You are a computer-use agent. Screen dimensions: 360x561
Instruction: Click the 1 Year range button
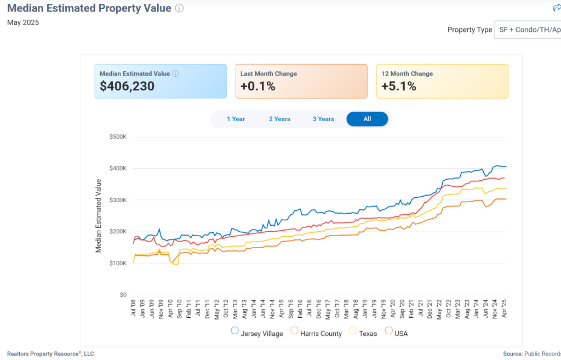(236, 119)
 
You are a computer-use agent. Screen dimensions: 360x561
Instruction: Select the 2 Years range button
(279, 119)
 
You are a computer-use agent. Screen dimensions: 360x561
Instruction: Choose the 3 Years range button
(323, 119)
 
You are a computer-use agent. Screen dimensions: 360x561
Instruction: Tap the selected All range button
(367, 119)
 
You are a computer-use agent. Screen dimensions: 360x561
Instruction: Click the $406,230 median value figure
(127, 87)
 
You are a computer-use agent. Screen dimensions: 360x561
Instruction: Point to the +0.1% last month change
(257, 87)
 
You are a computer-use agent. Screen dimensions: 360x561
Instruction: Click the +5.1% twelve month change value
(398, 87)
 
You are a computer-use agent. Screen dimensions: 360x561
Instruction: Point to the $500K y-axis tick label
(118, 136)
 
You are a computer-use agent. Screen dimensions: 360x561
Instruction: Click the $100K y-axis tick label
(118, 264)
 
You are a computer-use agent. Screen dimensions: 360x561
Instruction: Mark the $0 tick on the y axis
(123, 295)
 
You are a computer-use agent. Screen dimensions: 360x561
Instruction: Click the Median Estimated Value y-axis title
(99, 215)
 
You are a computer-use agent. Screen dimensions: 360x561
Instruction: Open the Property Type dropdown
(528, 30)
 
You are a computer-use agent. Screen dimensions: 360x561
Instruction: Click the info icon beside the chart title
(180, 8)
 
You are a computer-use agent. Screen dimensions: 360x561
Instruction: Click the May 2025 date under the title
(23, 22)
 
